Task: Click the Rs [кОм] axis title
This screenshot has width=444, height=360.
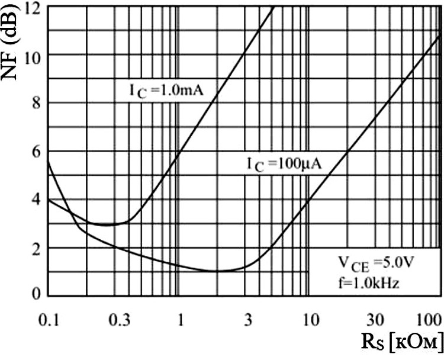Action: click(402, 342)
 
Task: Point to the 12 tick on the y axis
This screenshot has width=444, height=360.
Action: click(33, 7)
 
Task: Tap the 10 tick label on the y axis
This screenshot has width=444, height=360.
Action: click(33, 54)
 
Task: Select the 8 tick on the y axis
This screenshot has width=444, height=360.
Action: click(37, 103)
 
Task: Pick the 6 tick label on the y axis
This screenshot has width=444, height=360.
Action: click(37, 151)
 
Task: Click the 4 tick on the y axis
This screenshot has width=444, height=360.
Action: click(37, 200)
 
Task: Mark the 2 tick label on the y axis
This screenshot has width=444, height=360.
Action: click(37, 249)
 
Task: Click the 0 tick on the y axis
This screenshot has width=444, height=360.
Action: click(37, 294)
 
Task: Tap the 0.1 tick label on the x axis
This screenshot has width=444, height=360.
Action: click(49, 320)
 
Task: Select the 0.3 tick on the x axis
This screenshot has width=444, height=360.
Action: click(120, 320)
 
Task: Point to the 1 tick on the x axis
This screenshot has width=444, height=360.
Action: click(181, 320)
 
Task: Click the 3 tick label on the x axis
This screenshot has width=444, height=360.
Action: click(248, 320)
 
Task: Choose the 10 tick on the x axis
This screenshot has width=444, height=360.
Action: click(311, 320)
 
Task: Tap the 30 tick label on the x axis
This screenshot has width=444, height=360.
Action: click(375, 320)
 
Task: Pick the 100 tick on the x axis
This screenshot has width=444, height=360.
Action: click(430, 320)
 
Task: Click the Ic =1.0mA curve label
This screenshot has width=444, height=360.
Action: click(166, 91)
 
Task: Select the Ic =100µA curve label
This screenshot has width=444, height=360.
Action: click(284, 165)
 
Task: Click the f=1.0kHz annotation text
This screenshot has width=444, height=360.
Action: click(369, 282)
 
